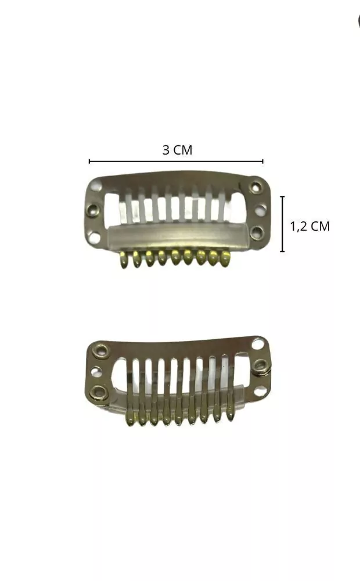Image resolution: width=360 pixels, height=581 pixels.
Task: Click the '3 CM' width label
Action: (x=178, y=150)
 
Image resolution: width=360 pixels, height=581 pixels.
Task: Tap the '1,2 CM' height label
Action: (x=309, y=226)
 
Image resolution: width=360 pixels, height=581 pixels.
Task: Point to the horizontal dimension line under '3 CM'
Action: (x=176, y=161)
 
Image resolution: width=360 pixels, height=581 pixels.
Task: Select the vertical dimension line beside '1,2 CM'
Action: (x=283, y=224)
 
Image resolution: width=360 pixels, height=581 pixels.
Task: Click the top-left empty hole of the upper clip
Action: (x=96, y=185)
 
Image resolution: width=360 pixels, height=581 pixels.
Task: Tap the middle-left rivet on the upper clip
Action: (x=92, y=210)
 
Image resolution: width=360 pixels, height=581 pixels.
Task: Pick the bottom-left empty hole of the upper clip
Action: (x=95, y=238)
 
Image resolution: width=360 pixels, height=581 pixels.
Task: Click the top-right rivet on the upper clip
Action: (x=255, y=187)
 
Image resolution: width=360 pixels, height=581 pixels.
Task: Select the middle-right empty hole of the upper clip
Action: (x=261, y=210)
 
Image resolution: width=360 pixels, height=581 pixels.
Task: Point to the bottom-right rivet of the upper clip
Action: (x=256, y=233)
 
